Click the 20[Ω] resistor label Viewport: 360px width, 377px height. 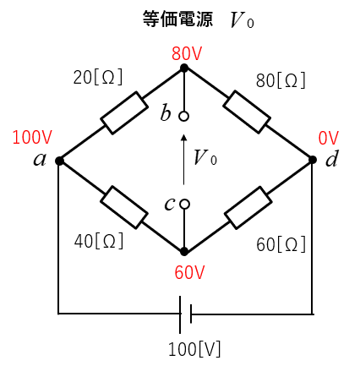pyautogui.click(x=98, y=77)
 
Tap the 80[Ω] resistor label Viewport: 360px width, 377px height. pyautogui.click(x=281, y=80)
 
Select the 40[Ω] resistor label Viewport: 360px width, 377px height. pyautogui.click(x=99, y=241)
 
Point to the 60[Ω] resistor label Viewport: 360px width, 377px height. pyautogui.click(x=281, y=244)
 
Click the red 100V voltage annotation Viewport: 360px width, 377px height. pyautogui.click(x=32, y=137)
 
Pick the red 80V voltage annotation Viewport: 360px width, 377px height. pyautogui.click(x=187, y=53)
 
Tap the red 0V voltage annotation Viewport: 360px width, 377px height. pyautogui.click(x=329, y=139)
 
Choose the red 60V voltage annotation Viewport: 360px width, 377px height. pyautogui.click(x=189, y=272)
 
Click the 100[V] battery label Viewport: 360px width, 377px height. pyautogui.click(x=194, y=349)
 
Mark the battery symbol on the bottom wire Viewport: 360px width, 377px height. pyautogui.click(x=185, y=314)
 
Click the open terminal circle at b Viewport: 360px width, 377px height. pyautogui.click(x=184, y=117)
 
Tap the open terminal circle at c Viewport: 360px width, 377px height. pyautogui.click(x=184, y=205)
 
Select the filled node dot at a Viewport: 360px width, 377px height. pyautogui.click(x=59, y=161)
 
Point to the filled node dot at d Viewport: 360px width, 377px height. pyautogui.click(x=313, y=160)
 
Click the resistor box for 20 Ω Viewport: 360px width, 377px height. pyautogui.click(x=124, y=113)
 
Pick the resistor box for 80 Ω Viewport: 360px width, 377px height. pyautogui.click(x=247, y=112)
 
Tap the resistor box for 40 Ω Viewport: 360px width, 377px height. pyautogui.click(x=124, y=207)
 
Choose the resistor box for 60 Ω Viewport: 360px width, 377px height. pyautogui.click(x=248, y=208)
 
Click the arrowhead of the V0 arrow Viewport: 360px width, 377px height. pyautogui.click(x=184, y=137)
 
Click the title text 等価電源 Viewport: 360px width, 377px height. pyautogui.click(x=177, y=19)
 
